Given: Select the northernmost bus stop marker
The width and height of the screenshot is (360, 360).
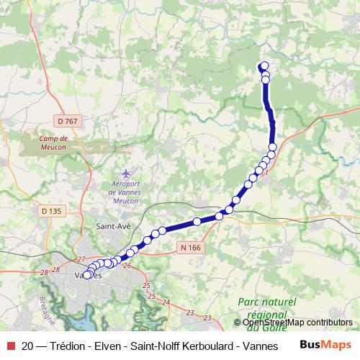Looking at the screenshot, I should (264, 66).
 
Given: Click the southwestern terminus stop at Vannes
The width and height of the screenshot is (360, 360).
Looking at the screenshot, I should (88, 274).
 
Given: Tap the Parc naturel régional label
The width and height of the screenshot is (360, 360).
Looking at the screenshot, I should (266, 309).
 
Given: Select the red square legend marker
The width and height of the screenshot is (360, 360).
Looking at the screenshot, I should (10, 346).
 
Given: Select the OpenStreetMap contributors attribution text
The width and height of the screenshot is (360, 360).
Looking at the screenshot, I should (297, 323).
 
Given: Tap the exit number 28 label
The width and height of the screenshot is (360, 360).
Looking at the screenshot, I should (44, 272).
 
